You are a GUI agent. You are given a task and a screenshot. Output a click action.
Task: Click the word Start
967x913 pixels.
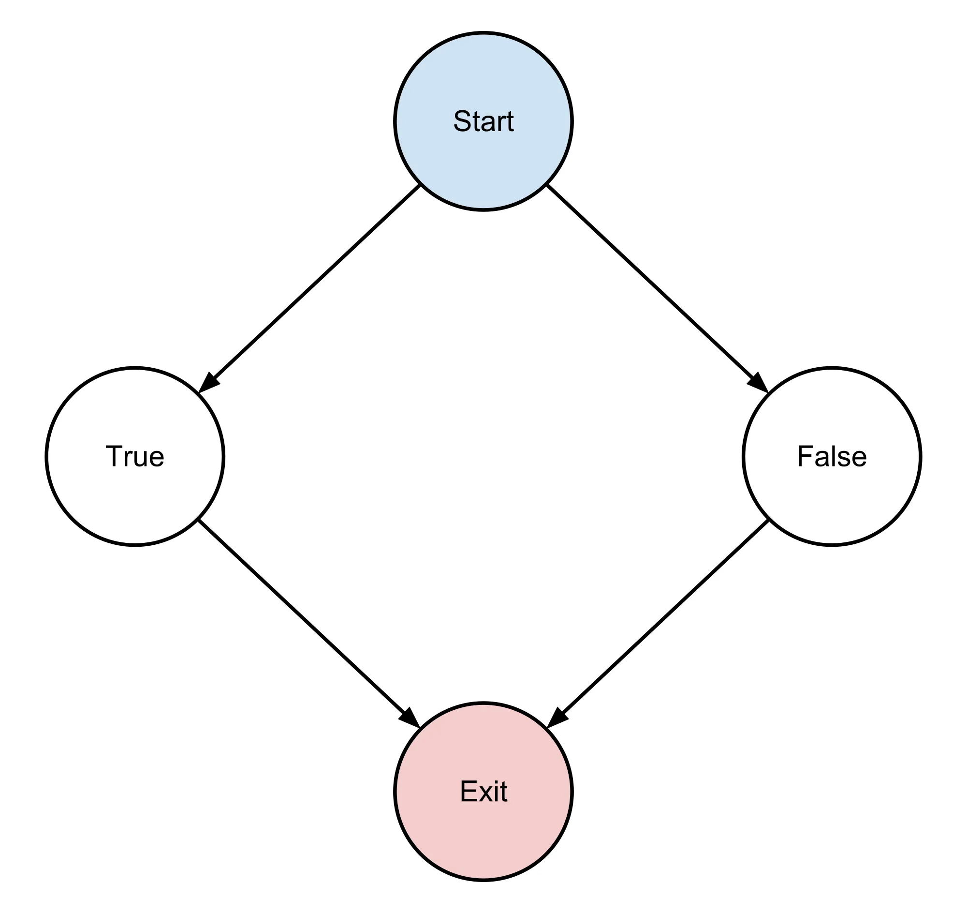coord(483,121)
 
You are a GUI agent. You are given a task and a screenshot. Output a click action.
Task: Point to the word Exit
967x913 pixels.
coord(483,792)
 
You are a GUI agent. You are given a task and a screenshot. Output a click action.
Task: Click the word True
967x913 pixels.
coord(135,457)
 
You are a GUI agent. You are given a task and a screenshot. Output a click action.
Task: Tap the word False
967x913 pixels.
coord(832,457)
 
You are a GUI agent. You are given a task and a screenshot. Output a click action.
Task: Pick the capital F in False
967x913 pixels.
coord(805,457)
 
